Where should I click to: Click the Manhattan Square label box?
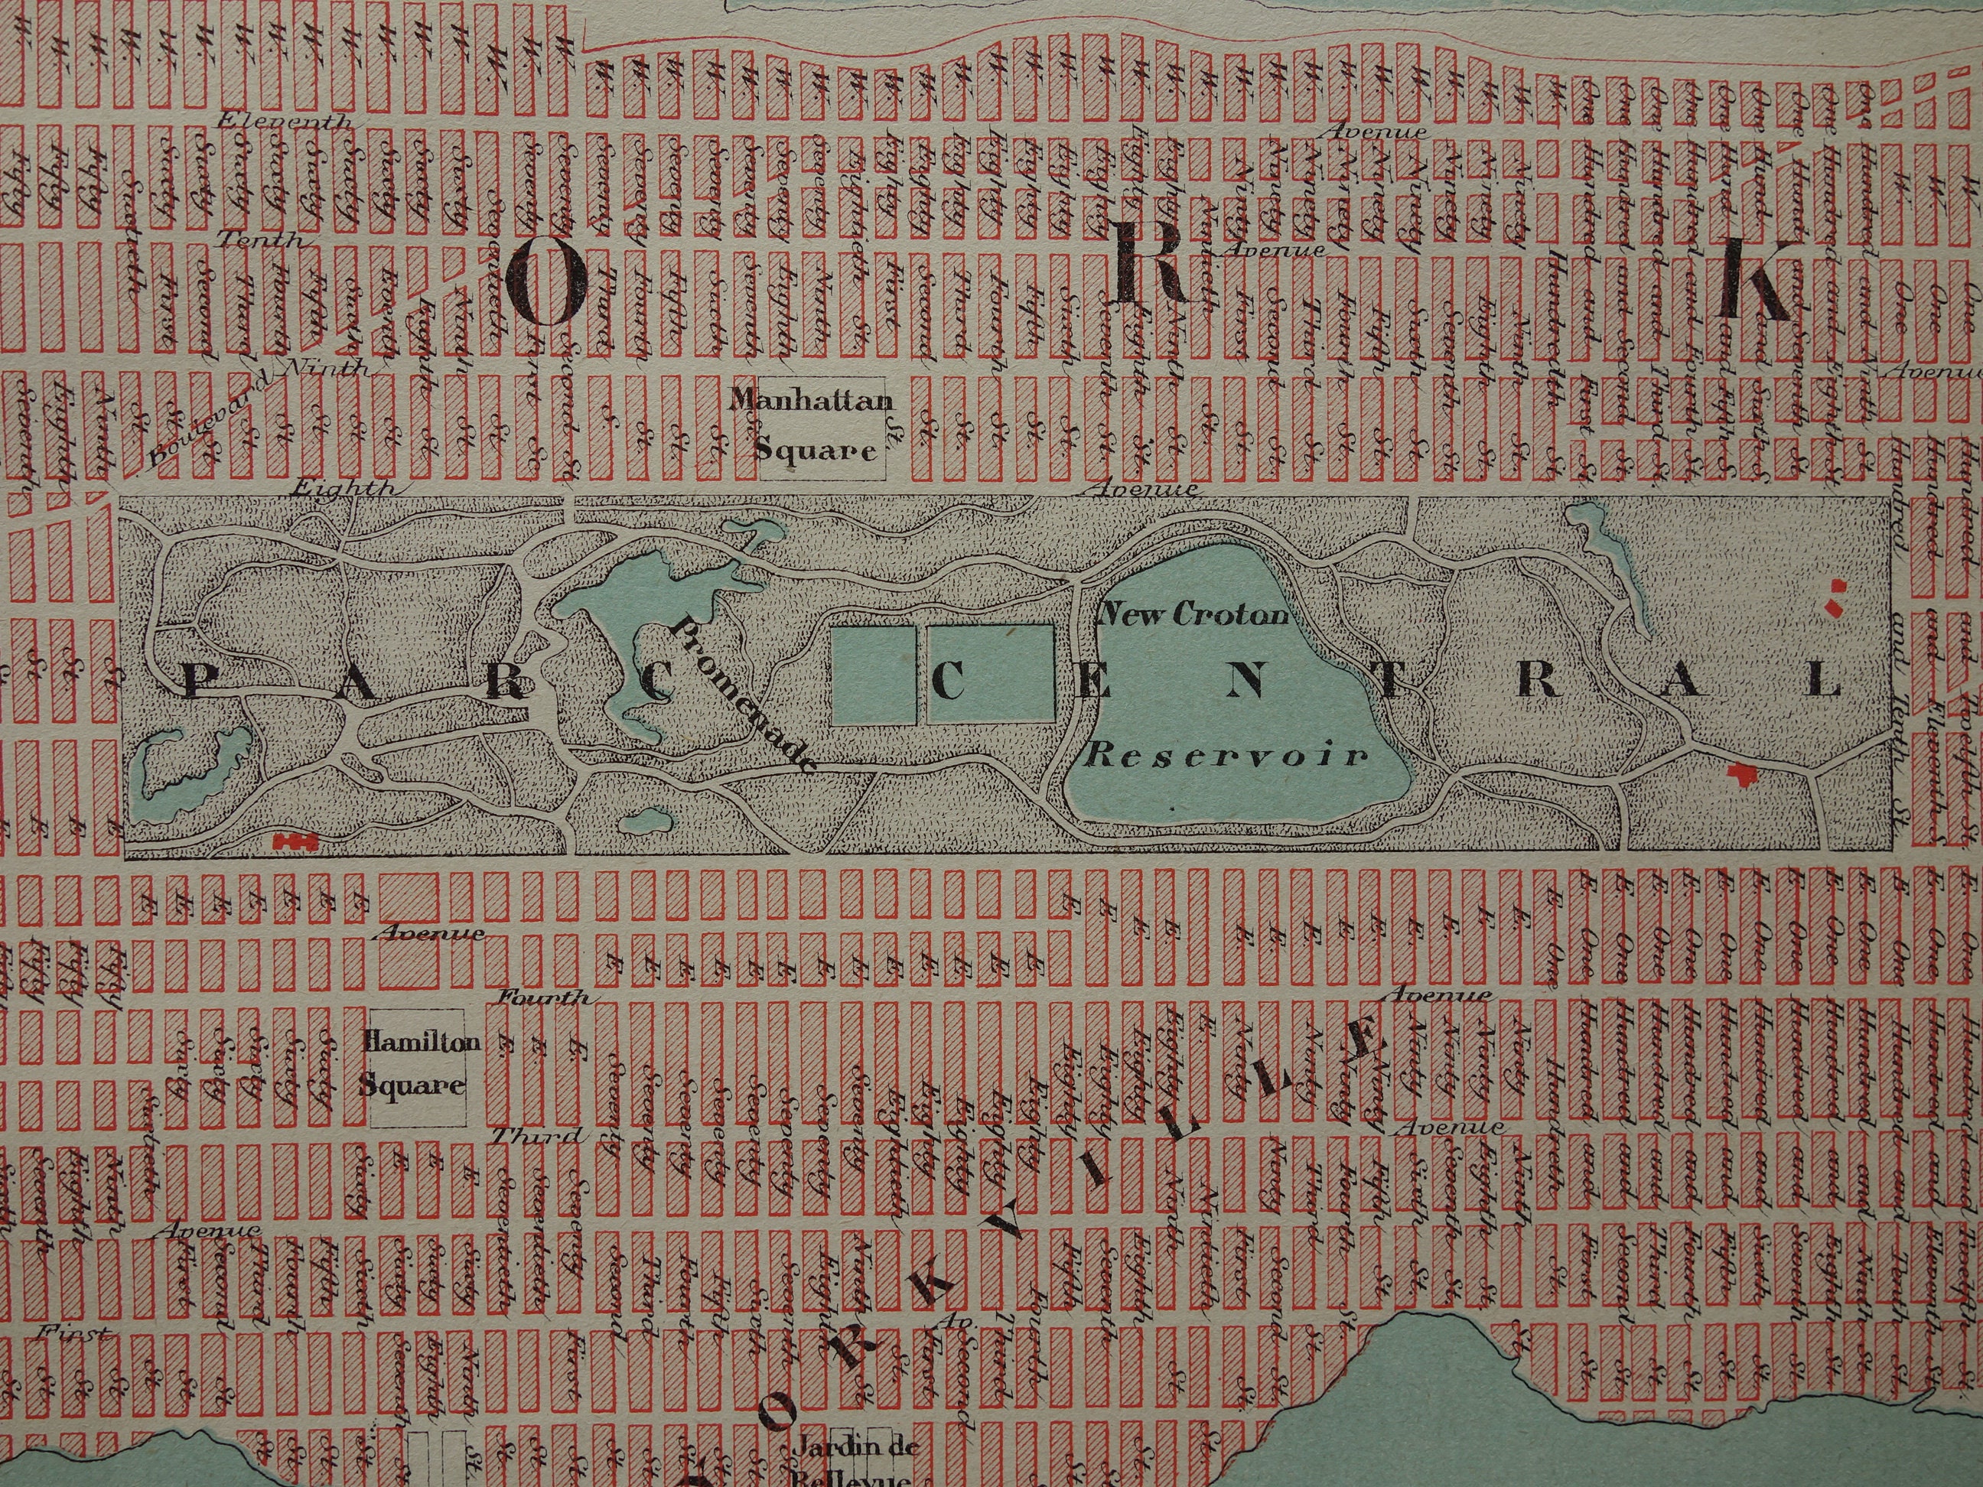[818, 434]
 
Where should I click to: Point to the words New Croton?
[1194, 615]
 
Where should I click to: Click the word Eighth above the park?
[344, 490]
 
